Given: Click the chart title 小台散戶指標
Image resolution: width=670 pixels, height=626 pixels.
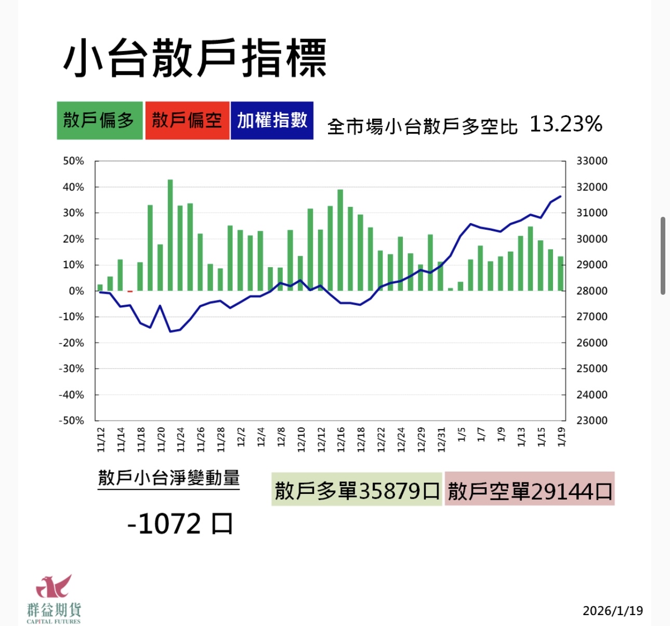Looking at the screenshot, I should point(195,58).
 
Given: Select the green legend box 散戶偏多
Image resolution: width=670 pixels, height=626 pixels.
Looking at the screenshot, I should point(99,121).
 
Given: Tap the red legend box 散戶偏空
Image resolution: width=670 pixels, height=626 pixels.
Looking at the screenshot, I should point(187,121).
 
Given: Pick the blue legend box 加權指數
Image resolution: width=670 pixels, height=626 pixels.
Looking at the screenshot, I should point(272,121).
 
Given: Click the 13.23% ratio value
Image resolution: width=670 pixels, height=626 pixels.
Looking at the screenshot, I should point(566,124).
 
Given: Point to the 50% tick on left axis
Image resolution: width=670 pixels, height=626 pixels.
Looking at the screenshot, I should point(73,161).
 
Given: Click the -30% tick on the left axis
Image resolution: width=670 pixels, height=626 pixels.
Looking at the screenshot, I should point(71,369).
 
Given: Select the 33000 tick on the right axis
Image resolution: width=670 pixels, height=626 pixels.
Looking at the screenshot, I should point(592,161).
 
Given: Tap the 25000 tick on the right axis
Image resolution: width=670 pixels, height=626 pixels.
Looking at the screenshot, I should point(592,369).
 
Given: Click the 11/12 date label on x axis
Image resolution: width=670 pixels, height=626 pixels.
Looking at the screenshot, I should point(101,439).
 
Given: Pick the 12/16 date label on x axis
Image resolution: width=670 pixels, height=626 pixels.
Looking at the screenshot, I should point(341,439).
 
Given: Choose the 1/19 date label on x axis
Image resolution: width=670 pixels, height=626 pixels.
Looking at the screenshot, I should point(561,437).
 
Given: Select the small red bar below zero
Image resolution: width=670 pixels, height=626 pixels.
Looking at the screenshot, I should point(130,292).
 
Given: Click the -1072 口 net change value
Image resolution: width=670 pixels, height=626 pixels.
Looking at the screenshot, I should point(180,524).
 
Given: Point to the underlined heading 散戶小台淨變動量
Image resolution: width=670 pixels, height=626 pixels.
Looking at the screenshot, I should point(169,478).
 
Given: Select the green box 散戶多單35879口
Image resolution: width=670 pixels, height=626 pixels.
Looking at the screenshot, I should point(357,490).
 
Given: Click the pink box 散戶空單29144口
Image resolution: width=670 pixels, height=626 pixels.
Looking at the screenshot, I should point(530,490).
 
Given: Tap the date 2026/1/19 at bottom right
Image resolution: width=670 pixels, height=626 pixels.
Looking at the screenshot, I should point(612,611).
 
